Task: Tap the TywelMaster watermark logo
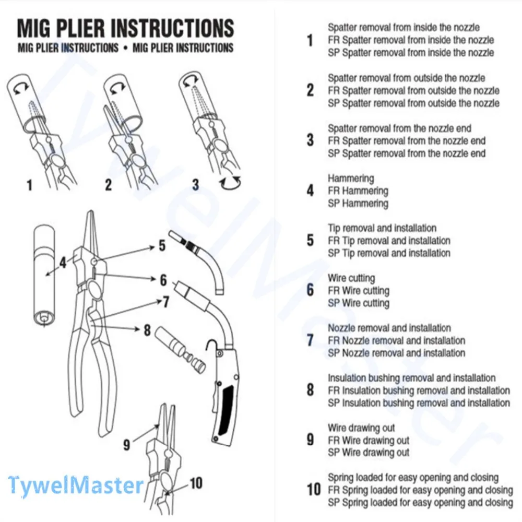[76, 485]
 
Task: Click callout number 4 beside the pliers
[63, 262]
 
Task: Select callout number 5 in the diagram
[162, 245]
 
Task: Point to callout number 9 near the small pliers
[126, 445]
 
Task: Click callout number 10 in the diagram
[195, 483]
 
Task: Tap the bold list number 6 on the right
[311, 290]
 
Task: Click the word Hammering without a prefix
[351, 179]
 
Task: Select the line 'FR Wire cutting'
[359, 291]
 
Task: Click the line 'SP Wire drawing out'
[369, 453]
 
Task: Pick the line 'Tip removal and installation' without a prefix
[382, 228]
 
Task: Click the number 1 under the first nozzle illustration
[29, 185]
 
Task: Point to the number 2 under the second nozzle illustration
[108, 185]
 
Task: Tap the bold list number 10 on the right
[314, 490]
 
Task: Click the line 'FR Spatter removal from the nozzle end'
[407, 141]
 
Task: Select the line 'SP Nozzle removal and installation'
[397, 353]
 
